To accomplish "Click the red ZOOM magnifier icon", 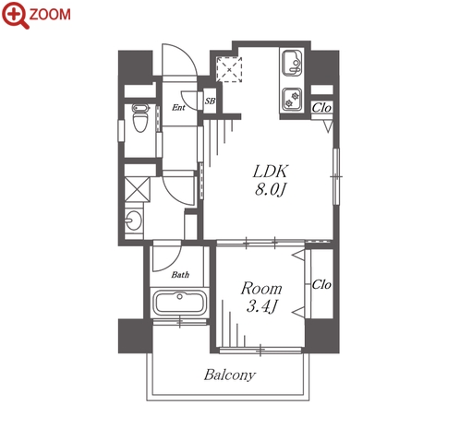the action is [x=15, y=15].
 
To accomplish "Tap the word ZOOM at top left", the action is [x=50, y=15].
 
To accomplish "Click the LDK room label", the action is [x=271, y=172].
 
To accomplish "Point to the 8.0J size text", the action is [x=270, y=189].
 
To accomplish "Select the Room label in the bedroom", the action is [x=261, y=289].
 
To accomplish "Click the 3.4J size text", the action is [x=261, y=306].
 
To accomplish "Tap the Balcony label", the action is [x=230, y=375].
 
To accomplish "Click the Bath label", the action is [x=180, y=274].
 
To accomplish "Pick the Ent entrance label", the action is [x=178, y=107].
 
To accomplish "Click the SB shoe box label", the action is [x=210, y=101].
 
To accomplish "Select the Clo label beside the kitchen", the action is [x=321, y=108].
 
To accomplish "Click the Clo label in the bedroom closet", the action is [x=321, y=284].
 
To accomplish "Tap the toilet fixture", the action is [x=140, y=118].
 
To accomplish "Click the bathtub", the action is [x=179, y=303].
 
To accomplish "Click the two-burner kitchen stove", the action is [x=292, y=99].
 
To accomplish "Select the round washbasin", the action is [x=134, y=220].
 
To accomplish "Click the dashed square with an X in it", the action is [x=229, y=69].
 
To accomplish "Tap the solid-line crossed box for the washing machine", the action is [x=138, y=189].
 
